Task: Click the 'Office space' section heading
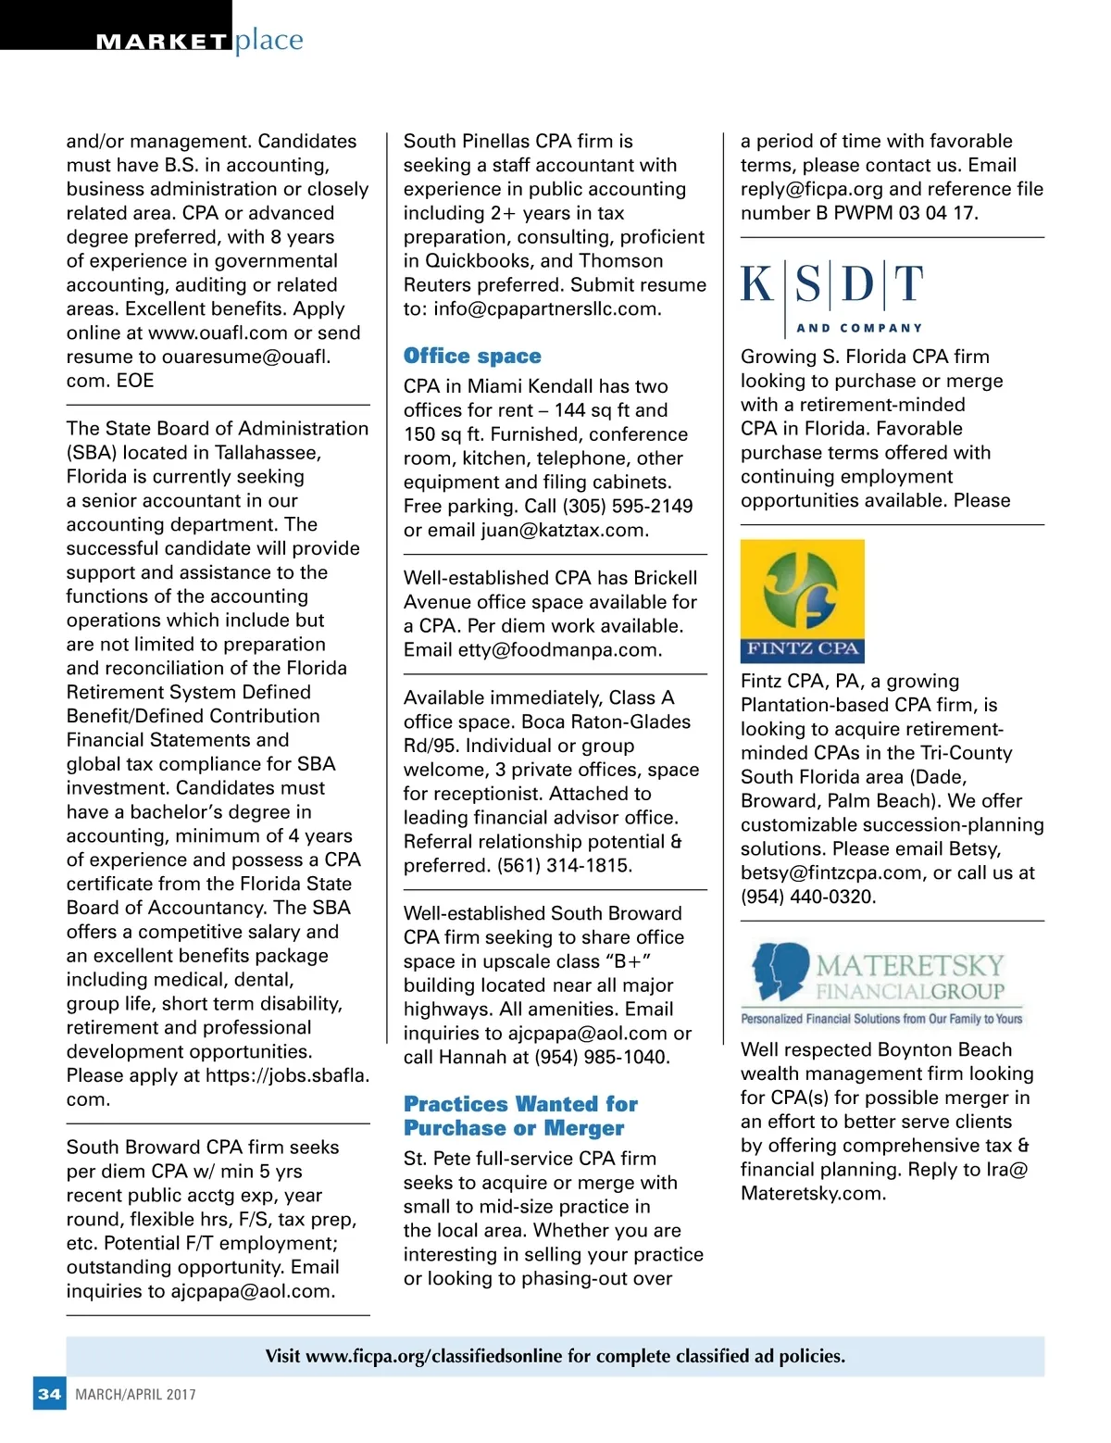coord(472,357)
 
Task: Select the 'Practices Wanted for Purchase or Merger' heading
coord(520,1116)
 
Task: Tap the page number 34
coord(49,1394)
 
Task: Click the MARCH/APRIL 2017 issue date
coord(136,1395)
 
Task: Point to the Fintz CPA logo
coord(803,601)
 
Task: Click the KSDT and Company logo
coord(832,295)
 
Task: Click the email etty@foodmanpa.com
coord(559,650)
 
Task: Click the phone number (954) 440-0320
coord(806,897)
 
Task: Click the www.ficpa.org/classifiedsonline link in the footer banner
coord(433,1357)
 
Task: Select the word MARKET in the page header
coord(162,42)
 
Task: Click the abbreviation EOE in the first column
coord(135,381)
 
